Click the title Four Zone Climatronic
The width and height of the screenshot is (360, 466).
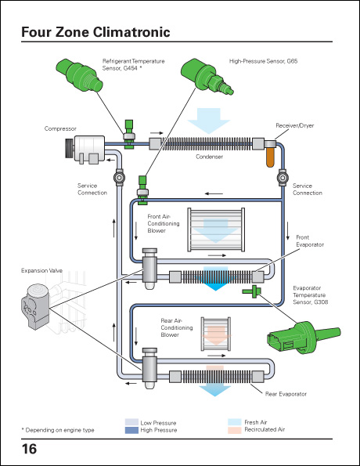[95, 33]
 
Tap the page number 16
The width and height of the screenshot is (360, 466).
[29, 450]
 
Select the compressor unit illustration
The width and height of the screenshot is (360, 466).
[88, 148]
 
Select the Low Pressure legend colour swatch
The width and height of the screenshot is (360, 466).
[132, 421]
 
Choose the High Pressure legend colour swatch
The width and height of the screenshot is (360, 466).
[132, 430]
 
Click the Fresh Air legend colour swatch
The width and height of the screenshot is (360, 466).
[234, 421]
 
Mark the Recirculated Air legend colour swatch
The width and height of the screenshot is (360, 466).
[234, 430]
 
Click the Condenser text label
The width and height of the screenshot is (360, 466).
[209, 157]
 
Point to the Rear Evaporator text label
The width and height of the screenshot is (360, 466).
[286, 393]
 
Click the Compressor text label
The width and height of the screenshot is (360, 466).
[60, 128]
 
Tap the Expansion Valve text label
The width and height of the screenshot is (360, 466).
[40, 270]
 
